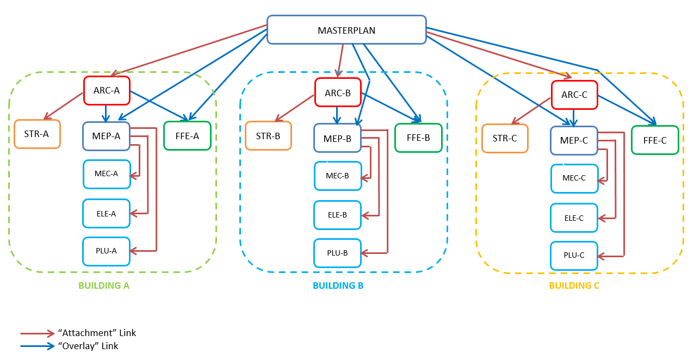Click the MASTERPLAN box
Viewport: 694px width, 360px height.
pyautogui.click(x=346, y=30)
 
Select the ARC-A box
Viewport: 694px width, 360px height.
pyautogui.click(x=107, y=90)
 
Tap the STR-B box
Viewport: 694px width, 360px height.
pyautogui.click(x=268, y=135)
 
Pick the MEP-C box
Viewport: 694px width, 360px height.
pyautogui.click(x=574, y=140)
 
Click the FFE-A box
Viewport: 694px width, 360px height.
pyautogui.click(x=187, y=136)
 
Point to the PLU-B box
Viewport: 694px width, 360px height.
pyautogui.click(x=337, y=253)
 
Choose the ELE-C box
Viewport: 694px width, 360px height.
pyautogui.click(x=574, y=218)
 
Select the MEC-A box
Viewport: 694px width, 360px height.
pyautogui.click(x=107, y=174)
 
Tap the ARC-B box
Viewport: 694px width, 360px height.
pyautogui.click(x=338, y=92)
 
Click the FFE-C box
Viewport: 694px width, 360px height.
pyautogui.click(x=655, y=140)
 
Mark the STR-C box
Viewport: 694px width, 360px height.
pyautogui.click(x=505, y=138)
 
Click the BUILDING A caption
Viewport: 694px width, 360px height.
pyautogui.click(x=104, y=285)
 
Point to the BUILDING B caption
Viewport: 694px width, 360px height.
pyautogui.click(x=338, y=285)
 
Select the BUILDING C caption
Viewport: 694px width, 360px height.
pyautogui.click(x=574, y=285)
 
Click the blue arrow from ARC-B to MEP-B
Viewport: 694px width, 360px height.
pyautogui.click(x=337, y=115)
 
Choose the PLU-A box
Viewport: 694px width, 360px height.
pyautogui.click(x=107, y=251)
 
